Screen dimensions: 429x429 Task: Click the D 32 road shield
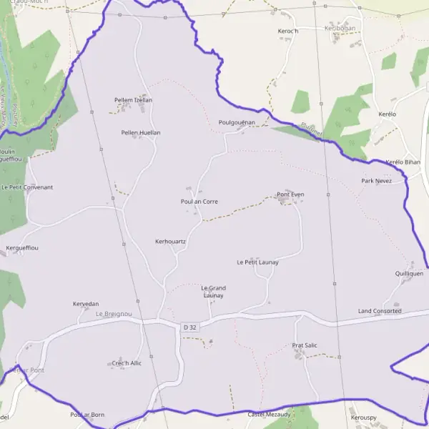[189, 327]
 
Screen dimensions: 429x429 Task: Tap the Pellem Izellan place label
[133, 100]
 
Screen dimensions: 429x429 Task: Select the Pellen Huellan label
[141, 132]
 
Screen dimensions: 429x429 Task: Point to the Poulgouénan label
[237, 122]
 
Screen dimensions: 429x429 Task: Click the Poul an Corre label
[199, 202]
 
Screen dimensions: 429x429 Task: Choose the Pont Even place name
[290, 194]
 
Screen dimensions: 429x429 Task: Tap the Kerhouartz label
[170, 242]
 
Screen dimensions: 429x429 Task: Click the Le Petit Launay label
[257, 262]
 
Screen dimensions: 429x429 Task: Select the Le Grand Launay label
[213, 292]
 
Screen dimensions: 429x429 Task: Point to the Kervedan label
[86, 304]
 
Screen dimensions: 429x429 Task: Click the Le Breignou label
[114, 314]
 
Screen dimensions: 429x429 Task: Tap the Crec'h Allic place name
[127, 363]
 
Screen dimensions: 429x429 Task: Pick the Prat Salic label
[305, 345]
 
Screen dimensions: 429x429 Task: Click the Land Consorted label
[380, 311]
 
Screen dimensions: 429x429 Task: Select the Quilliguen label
[409, 273]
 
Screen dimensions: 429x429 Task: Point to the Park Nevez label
[377, 181]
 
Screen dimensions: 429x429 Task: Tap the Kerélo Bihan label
[403, 162]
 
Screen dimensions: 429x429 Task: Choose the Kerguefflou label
[22, 247]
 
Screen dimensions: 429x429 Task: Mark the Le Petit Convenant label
[27, 187]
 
